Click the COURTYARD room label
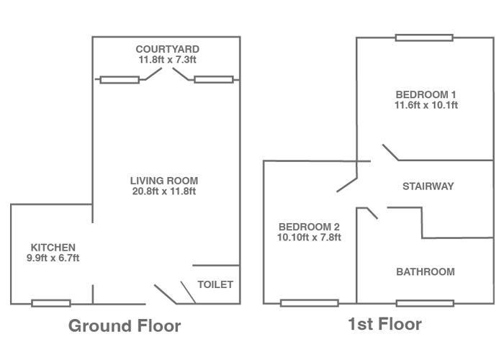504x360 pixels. (x=168, y=49)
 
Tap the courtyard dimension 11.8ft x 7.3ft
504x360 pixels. (x=168, y=60)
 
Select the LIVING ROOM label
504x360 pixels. (x=164, y=181)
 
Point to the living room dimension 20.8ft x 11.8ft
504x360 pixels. (x=164, y=192)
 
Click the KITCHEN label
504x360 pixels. (x=53, y=248)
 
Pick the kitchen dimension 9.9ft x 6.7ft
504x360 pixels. (x=53, y=258)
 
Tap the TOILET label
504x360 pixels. (x=215, y=284)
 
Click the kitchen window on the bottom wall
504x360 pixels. (x=51, y=303)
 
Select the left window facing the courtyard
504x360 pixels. (x=120, y=80)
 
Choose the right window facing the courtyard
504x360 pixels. (x=214, y=79)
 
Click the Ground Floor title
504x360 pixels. (x=125, y=325)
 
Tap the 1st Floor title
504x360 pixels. (x=384, y=324)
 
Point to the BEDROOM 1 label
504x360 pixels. (x=426, y=94)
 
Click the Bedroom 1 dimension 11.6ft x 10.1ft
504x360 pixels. (x=426, y=105)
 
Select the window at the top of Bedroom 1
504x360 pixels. (x=424, y=37)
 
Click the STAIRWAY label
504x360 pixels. (x=428, y=186)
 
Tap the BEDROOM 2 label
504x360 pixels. (x=309, y=227)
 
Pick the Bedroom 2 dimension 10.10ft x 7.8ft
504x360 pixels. (x=309, y=238)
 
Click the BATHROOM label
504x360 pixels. (x=426, y=272)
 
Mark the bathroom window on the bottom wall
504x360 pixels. (x=425, y=303)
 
